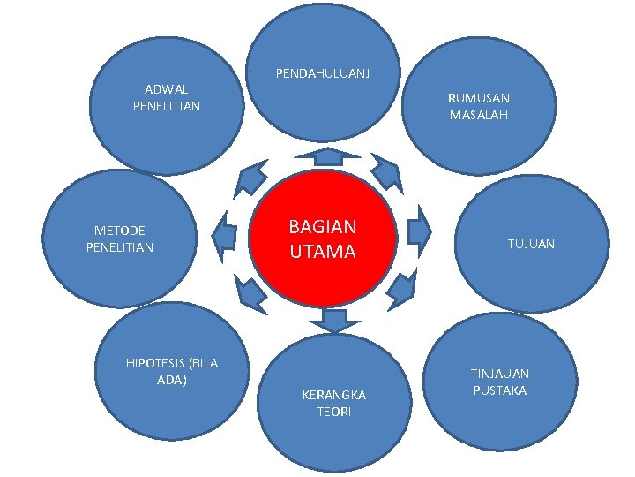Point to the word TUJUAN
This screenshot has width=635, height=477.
(530, 243)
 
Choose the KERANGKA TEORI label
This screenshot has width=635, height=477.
(334, 403)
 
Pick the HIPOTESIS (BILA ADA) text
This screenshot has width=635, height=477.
(172, 371)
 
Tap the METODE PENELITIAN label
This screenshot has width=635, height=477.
(120, 238)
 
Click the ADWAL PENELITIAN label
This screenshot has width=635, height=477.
(167, 97)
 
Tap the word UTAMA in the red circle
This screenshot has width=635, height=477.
(323, 252)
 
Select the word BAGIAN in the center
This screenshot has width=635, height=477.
(323, 227)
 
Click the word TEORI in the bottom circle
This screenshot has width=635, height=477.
(334, 412)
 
